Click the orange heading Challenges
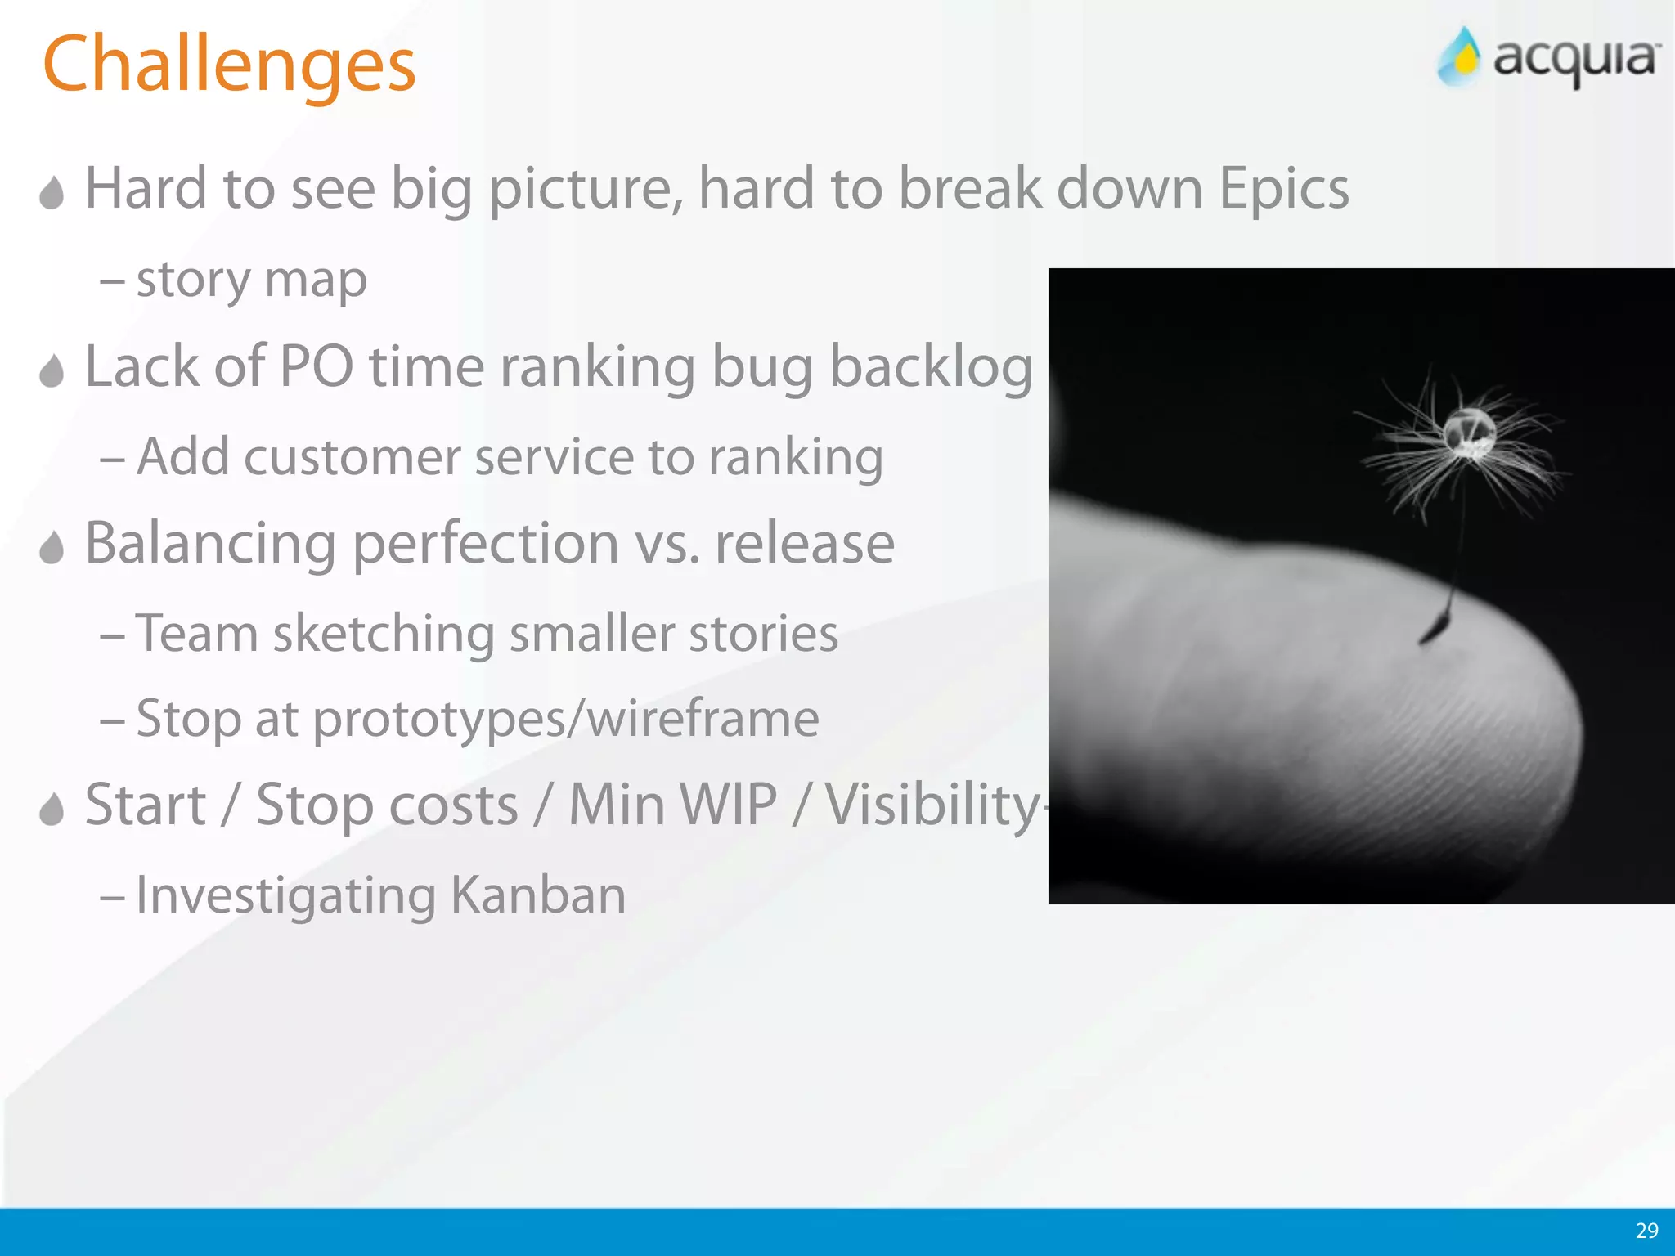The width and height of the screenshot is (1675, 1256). coord(229,65)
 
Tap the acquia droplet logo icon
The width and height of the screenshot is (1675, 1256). coord(1461,57)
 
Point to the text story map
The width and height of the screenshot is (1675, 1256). coord(251,280)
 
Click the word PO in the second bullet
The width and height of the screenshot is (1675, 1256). coord(316,366)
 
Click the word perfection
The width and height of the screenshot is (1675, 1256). coord(486,545)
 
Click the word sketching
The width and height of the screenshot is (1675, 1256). coord(384,635)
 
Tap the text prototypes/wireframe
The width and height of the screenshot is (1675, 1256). coord(566,720)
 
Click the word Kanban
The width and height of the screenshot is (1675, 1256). coord(538,895)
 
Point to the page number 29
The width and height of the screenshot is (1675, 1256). coord(1646,1231)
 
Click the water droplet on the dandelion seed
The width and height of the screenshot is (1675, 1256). coord(1469,431)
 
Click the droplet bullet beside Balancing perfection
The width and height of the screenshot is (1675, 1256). coord(52,548)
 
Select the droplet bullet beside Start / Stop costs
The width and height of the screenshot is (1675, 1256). coord(52,810)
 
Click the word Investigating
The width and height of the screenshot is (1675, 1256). coord(285,896)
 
